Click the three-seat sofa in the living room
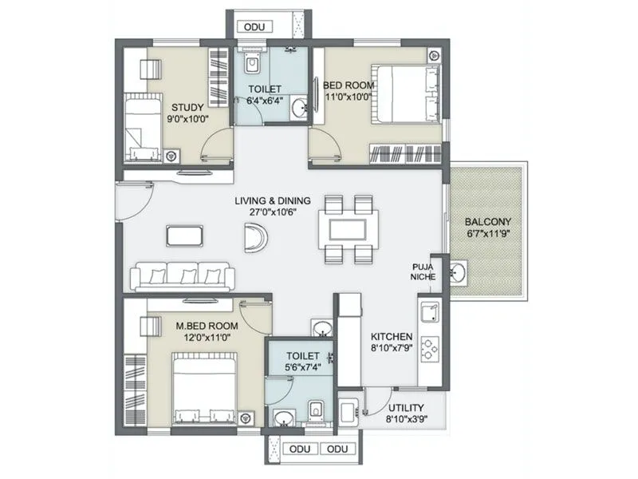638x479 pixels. click(x=183, y=276)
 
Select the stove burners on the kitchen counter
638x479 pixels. click(x=430, y=348)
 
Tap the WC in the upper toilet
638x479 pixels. click(x=252, y=63)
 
